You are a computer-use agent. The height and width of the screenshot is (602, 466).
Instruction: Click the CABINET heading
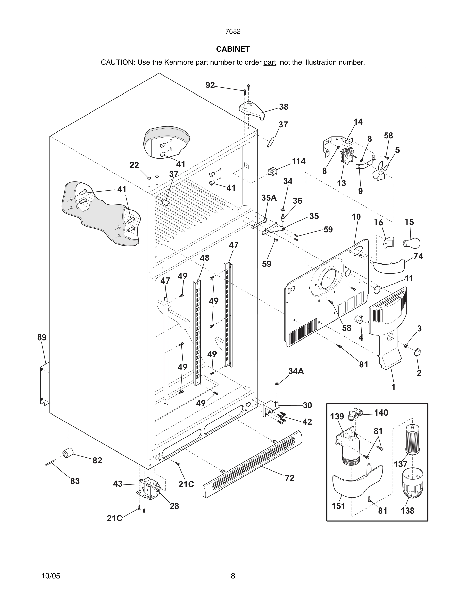pos(233,49)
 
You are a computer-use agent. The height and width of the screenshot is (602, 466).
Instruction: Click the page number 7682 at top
pos(233,32)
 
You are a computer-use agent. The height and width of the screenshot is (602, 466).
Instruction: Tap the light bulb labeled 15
pos(412,243)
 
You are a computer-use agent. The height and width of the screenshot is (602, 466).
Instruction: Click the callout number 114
pos(298,161)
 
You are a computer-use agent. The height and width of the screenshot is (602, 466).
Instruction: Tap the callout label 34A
pos(296,372)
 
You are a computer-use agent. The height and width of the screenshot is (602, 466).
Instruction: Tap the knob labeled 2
pos(418,352)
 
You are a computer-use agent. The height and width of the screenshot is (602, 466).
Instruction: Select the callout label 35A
pos(269,198)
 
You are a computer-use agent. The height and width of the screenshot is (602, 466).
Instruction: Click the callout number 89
pos(42,337)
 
